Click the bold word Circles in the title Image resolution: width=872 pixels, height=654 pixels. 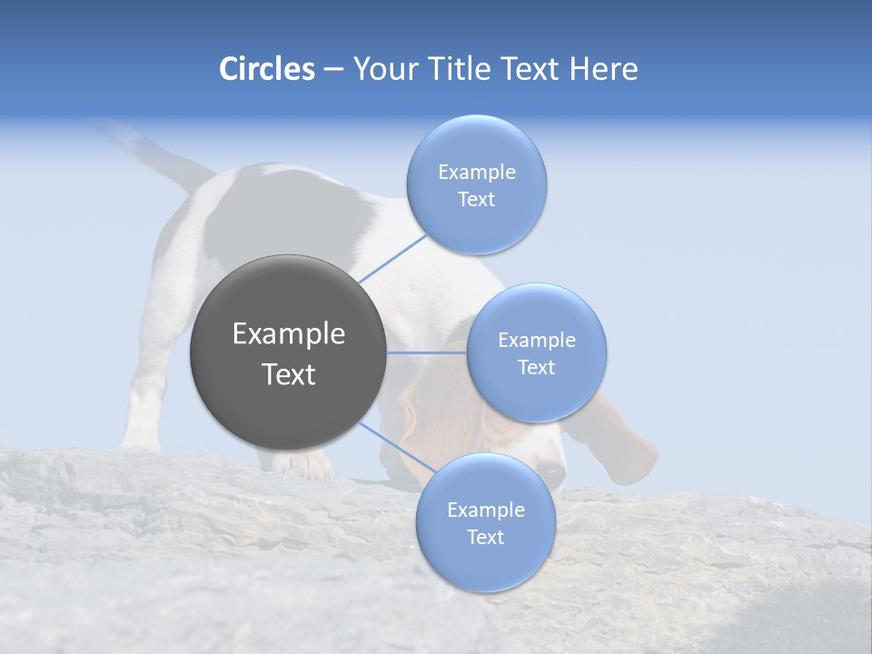pos(266,69)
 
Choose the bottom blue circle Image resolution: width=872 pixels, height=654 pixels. pos(485,563)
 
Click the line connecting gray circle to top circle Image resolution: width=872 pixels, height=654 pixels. pos(392,258)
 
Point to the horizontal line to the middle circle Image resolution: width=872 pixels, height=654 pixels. pos(426,352)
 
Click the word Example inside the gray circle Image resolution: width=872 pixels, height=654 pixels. pos(289,334)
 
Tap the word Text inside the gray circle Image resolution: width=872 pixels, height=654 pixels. pos(289,374)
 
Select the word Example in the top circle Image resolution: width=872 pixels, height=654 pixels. pos(477,173)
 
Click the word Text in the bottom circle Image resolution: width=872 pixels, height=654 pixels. pos(485,537)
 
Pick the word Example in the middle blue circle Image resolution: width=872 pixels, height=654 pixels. pos(537,341)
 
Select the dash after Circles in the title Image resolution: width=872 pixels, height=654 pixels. pos(332,70)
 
